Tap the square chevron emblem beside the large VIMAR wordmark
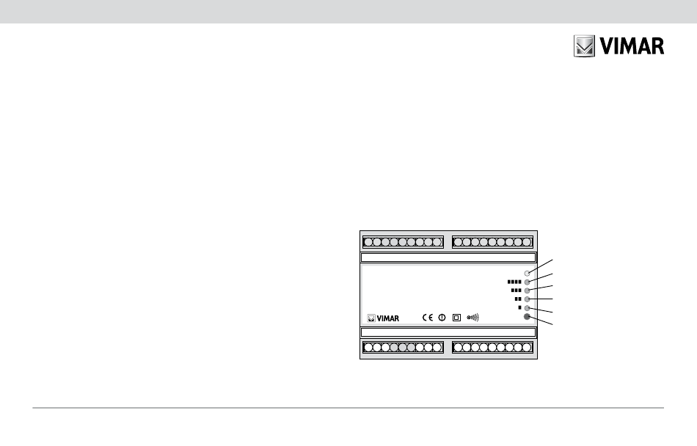[x=583, y=47]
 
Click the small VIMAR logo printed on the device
[x=383, y=318]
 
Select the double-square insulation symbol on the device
[x=456, y=318]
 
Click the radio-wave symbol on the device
[x=472, y=318]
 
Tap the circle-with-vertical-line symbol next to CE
[x=442, y=318]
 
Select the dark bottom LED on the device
[x=527, y=317]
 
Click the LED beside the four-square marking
[x=527, y=282]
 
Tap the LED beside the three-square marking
[x=527, y=290]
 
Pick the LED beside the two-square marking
[x=527, y=299]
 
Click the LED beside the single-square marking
[x=527, y=308]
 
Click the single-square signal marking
[x=519, y=308]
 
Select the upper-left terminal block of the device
[x=403, y=241]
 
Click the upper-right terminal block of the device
[x=492, y=241]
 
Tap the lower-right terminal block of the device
[x=492, y=348]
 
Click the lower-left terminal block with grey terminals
[x=403, y=348]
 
